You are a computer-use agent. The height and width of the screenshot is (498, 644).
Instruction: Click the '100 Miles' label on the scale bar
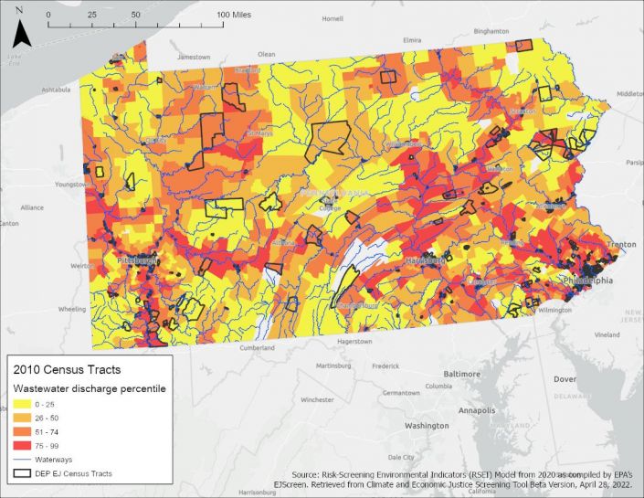(236, 16)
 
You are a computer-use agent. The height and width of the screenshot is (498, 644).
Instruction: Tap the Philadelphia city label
(589, 280)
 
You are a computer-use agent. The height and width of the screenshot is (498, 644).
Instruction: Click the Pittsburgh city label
(137, 260)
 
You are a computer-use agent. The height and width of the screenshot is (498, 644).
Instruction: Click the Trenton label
(620, 245)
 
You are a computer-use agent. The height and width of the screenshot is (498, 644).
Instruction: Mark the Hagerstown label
(352, 342)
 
